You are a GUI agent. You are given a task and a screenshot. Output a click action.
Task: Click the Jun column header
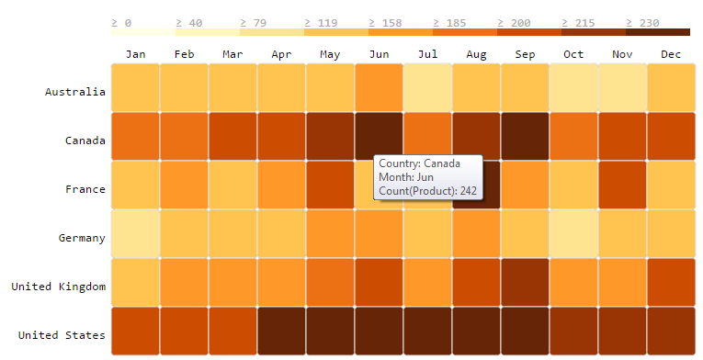tap(379, 54)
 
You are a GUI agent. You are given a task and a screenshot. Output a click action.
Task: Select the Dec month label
tap(671, 54)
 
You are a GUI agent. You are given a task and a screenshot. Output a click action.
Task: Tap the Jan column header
tap(135, 54)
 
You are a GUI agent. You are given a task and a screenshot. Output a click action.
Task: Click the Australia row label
tap(75, 92)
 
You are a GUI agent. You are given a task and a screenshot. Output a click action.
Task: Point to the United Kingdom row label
tap(59, 287)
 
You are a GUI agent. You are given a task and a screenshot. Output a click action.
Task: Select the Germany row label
tap(79, 238)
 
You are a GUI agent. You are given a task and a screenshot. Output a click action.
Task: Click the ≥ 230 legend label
tap(641, 22)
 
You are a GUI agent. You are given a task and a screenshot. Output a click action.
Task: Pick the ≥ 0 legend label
tap(121, 22)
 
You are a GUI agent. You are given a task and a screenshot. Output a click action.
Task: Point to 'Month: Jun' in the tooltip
tap(405, 176)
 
